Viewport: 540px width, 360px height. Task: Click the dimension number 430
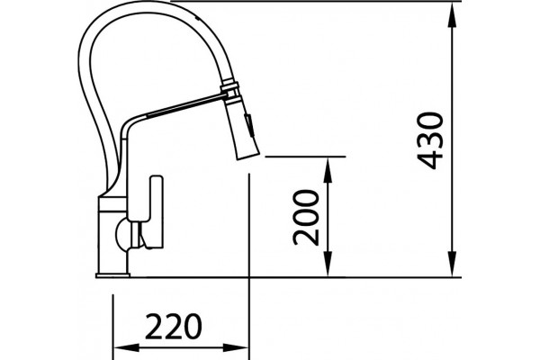[430, 140]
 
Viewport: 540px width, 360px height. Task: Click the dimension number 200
[306, 218]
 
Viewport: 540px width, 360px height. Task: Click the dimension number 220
[173, 326]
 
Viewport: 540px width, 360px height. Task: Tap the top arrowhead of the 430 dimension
[452, 15]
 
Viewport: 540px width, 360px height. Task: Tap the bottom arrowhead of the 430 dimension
[452, 263]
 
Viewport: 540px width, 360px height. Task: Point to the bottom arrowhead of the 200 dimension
[328, 263]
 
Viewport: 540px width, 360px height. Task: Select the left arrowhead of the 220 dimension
[127, 347]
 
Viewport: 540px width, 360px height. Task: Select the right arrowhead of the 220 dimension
[235, 347]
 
